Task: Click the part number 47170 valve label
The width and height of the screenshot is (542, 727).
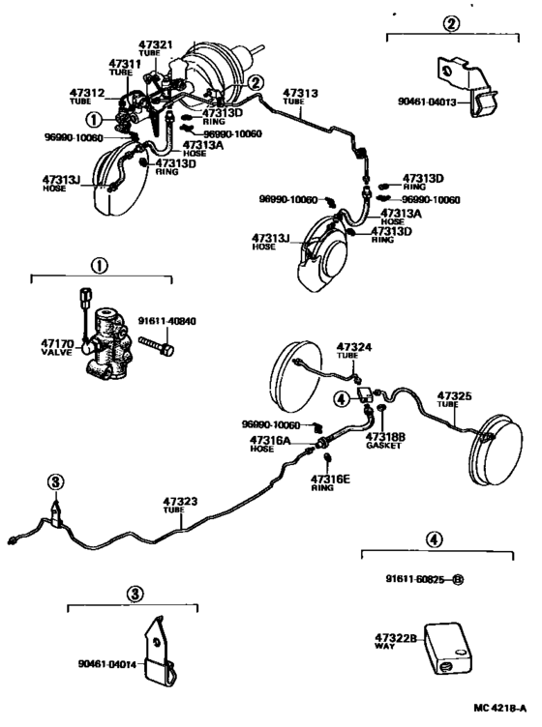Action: pos(60,346)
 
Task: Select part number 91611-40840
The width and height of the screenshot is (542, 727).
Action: pos(172,323)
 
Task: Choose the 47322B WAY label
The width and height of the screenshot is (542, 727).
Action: pos(395,641)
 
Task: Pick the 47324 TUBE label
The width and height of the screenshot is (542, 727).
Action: pos(353,350)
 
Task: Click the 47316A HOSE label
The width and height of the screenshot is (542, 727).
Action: pos(270,444)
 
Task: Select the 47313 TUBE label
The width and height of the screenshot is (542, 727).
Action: pos(300,97)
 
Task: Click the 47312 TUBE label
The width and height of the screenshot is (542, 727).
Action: pos(86,96)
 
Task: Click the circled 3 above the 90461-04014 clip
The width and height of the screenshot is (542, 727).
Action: pos(133,591)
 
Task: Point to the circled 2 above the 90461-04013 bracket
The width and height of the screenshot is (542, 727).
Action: pos(451,24)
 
